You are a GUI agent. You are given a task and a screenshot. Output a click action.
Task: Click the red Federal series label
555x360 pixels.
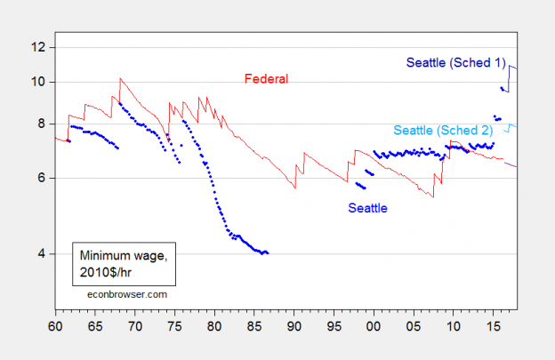tap(266, 79)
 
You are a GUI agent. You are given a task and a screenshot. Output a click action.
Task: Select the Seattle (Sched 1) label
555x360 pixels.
tap(455, 62)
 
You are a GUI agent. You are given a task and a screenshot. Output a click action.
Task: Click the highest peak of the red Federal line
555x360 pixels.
tap(120, 78)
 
